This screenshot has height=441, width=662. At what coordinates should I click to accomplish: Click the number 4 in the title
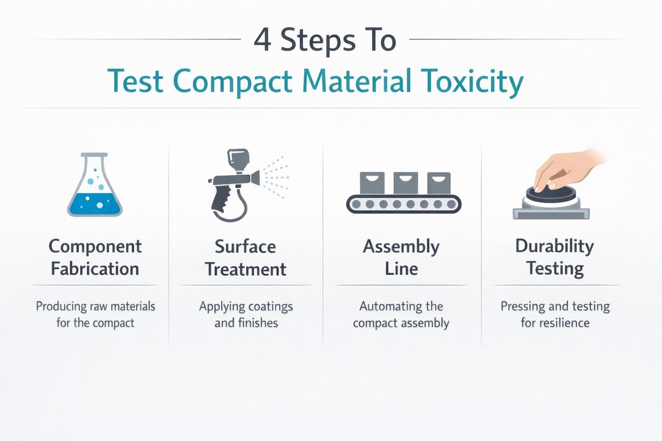(x=262, y=40)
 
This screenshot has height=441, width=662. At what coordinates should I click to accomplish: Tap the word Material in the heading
(x=356, y=80)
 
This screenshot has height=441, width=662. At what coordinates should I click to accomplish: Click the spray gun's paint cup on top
(x=238, y=160)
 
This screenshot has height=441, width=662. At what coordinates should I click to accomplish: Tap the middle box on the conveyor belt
(x=405, y=182)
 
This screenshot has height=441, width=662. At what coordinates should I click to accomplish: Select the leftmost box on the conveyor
(x=372, y=182)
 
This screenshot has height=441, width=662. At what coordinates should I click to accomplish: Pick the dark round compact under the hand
(x=551, y=195)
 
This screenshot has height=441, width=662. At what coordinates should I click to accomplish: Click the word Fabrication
(x=95, y=269)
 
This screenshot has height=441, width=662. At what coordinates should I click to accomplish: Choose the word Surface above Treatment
(x=245, y=246)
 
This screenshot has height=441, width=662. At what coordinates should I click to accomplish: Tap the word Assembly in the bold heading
(x=401, y=247)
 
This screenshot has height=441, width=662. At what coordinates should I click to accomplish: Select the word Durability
(x=554, y=246)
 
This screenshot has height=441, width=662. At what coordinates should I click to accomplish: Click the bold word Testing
(x=555, y=269)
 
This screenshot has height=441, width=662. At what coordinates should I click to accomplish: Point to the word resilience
(x=564, y=323)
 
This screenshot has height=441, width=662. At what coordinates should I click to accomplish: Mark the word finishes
(x=257, y=323)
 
